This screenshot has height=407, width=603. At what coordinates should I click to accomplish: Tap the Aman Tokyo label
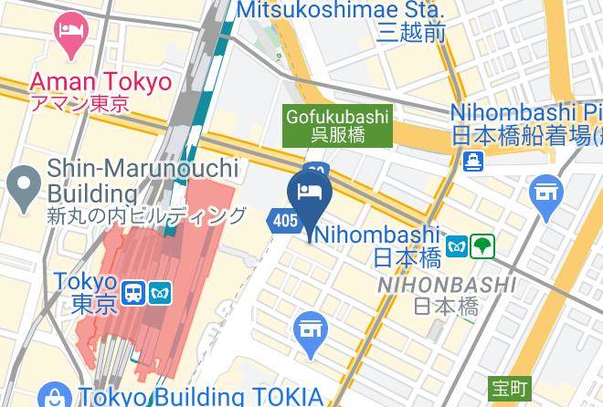(100, 81)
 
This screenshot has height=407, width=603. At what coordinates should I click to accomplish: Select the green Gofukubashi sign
(337, 125)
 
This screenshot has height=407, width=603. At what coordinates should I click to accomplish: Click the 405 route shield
(284, 220)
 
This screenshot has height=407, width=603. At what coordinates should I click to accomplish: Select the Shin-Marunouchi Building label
(142, 181)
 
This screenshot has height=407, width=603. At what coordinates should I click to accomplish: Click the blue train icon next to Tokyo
(134, 292)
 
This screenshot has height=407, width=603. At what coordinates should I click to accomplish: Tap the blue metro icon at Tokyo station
(161, 292)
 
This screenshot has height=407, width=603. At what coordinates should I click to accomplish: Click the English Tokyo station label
(85, 281)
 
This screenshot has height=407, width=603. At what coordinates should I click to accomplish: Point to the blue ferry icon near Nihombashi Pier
(473, 162)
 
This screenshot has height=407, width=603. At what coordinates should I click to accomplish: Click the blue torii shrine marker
(546, 195)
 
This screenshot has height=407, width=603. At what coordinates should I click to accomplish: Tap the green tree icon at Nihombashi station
(483, 245)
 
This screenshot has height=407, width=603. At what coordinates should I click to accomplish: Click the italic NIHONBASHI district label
(447, 286)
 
